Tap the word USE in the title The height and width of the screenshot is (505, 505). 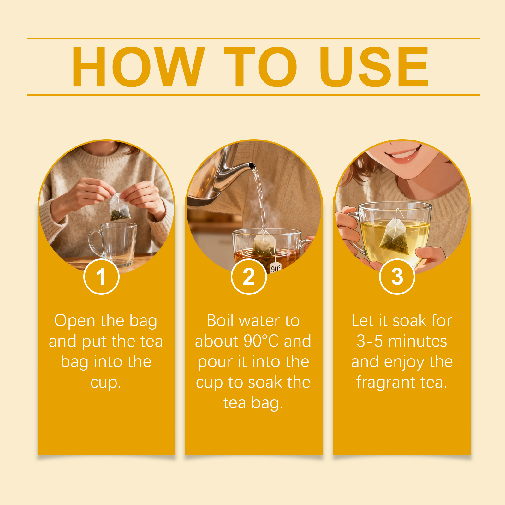click(374, 67)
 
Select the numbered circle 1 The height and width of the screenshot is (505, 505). click(101, 276)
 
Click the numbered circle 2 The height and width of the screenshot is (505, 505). click(249, 276)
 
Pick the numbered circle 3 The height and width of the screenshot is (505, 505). click(397, 276)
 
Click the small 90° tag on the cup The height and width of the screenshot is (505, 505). click(276, 269)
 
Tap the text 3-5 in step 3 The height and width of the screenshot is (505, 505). click(370, 341)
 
